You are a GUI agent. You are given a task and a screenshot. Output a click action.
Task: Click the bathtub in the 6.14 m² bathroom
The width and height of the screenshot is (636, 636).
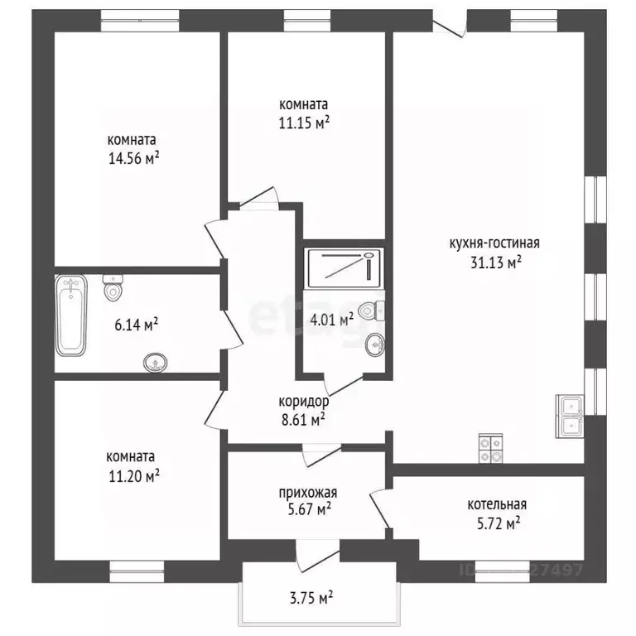71,316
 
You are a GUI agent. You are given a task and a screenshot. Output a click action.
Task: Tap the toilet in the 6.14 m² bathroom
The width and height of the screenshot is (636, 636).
113,287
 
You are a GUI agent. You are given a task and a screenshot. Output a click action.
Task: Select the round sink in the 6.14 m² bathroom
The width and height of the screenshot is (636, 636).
156,362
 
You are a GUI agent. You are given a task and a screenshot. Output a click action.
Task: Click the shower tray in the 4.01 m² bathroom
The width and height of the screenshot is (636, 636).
344,268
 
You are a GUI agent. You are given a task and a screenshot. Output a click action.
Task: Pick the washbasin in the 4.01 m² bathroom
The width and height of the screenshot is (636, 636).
375,345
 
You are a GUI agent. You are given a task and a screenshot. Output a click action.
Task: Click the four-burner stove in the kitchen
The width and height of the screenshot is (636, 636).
491,448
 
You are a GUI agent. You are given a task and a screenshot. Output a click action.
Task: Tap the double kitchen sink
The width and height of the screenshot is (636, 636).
570,417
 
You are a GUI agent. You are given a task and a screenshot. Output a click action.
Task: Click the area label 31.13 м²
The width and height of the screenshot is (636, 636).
496,263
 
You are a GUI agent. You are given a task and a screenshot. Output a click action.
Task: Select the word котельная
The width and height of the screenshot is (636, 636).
497,504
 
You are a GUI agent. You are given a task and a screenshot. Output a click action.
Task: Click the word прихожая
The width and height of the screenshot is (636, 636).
308,493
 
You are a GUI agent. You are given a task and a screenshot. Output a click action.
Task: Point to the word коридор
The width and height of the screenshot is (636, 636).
304,402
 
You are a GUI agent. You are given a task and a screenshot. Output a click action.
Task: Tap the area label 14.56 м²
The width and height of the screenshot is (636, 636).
133,158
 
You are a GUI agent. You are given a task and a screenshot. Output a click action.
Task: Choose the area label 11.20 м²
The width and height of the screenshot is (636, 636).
134,476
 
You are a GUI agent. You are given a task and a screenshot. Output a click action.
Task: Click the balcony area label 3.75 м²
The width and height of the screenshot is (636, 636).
311,598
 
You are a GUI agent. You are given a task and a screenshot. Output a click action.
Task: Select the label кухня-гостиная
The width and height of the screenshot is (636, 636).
494,243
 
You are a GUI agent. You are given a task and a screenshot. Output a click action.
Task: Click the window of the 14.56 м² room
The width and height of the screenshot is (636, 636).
140,21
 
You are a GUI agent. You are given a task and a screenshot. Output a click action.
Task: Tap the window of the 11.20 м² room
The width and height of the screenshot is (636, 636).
137,571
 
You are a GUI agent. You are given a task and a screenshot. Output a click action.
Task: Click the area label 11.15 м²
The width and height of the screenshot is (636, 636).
304,123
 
